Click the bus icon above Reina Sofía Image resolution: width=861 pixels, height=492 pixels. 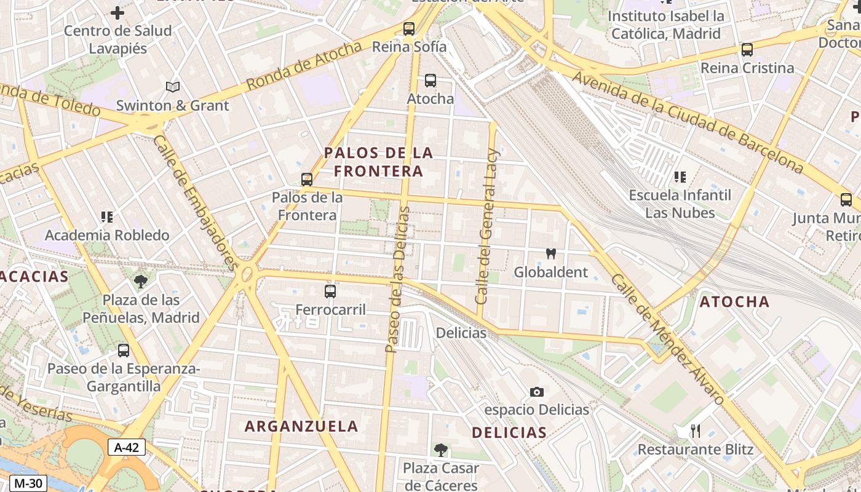point(408,28)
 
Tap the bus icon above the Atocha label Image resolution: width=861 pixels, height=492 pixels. point(430,80)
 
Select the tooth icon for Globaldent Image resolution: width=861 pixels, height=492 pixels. point(551,253)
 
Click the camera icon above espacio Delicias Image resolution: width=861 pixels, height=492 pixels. point(537,392)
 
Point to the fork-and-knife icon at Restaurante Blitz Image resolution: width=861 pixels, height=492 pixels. point(696,430)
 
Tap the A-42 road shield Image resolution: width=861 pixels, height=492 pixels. point(126,447)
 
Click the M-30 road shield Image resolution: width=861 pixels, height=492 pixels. point(28,483)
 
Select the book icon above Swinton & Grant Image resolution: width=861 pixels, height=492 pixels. point(173,87)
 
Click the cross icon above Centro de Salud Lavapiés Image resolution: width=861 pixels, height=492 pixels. point(117,12)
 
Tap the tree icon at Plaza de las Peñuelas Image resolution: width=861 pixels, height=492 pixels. point(141,282)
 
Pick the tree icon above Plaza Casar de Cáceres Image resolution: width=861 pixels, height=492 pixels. point(440,450)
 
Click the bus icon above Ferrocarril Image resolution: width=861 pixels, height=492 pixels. point(330,291)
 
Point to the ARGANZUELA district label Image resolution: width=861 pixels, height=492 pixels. point(301,426)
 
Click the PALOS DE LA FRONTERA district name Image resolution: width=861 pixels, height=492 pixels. point(379,162)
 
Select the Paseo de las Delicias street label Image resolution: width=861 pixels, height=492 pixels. point(397,280)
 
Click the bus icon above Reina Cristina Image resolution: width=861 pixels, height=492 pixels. point(747,50)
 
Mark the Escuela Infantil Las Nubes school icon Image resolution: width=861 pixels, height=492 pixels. point(680,177)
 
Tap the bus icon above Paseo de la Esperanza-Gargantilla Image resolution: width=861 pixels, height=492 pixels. point(124,351)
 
